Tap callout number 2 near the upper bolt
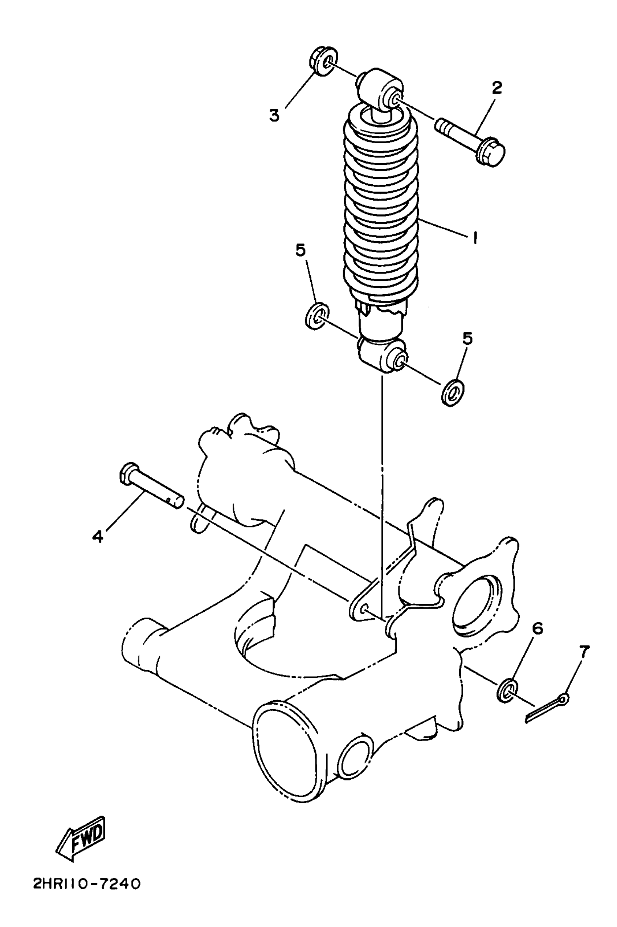pyautogui.click(x=497, y=88)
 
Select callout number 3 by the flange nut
pyautogui.click(x=274, y=115)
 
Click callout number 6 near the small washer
pyautogui.click(x=538, y=629)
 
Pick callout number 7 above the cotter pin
pyautogui.click(x=585, y=652)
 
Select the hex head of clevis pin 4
pyautogui.click(x=129, y=474)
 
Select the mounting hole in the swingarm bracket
pyautogui.click(x=364, y=608)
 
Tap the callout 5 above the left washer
pyautogui.click(x=301, y=251)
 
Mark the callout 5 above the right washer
pyautogui.click(x=467, y=339)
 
